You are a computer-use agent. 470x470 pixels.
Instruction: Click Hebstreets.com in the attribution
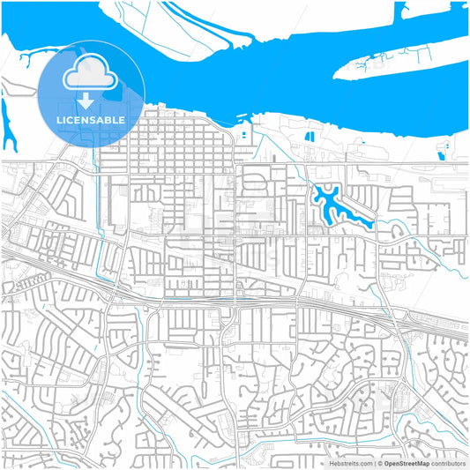(x=349, y=462)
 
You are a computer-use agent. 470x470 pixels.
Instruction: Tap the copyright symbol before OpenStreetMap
(x=379, y=462)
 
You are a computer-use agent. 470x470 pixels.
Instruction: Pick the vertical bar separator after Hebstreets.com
(x=373, y=462)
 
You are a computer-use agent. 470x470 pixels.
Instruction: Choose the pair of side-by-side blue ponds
(x=310, y=137)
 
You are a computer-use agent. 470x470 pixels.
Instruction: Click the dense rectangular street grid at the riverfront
(x=168, y=141)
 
